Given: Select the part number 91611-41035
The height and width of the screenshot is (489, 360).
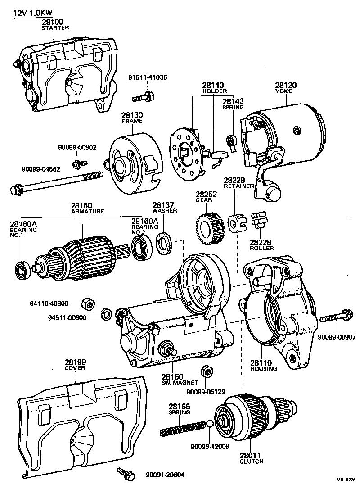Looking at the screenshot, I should (146, 77).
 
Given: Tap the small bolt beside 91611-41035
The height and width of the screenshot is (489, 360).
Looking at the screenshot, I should (144, 96).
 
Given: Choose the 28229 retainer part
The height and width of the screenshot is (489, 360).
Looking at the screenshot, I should (236, 223).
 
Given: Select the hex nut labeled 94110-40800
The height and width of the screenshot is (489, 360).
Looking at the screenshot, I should (88, 304).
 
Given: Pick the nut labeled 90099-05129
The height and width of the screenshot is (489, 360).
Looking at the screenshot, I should (207, 371).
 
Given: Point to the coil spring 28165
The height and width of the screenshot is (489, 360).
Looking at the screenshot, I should (182, 428).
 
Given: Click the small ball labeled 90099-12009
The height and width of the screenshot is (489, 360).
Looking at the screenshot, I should (210, 424).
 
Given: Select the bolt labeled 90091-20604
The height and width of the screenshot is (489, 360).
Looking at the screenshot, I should (125, 473).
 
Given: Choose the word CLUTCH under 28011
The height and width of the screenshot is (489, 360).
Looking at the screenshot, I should (252, 462).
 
